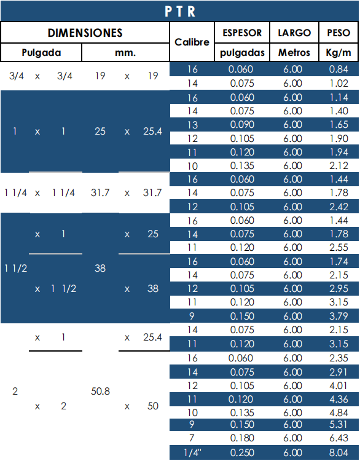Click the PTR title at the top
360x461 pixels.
180,12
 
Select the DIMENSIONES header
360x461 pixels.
85,33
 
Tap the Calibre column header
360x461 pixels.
192,42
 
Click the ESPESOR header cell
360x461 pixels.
242,33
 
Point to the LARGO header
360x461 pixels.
294,33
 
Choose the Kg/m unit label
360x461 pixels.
338,53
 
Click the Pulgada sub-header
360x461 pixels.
41,53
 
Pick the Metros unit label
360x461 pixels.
294,53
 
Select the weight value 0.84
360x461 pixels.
338,69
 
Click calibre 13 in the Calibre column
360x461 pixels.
192,125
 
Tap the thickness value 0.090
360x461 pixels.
242,125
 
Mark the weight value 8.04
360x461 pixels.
338,452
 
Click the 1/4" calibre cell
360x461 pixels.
192,452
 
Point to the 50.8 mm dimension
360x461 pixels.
100,392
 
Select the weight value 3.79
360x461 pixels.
338,316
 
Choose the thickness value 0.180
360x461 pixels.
242,438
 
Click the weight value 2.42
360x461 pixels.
338,207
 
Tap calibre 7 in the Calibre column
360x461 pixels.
192,438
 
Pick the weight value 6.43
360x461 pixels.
338,438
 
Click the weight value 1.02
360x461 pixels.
338,84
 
